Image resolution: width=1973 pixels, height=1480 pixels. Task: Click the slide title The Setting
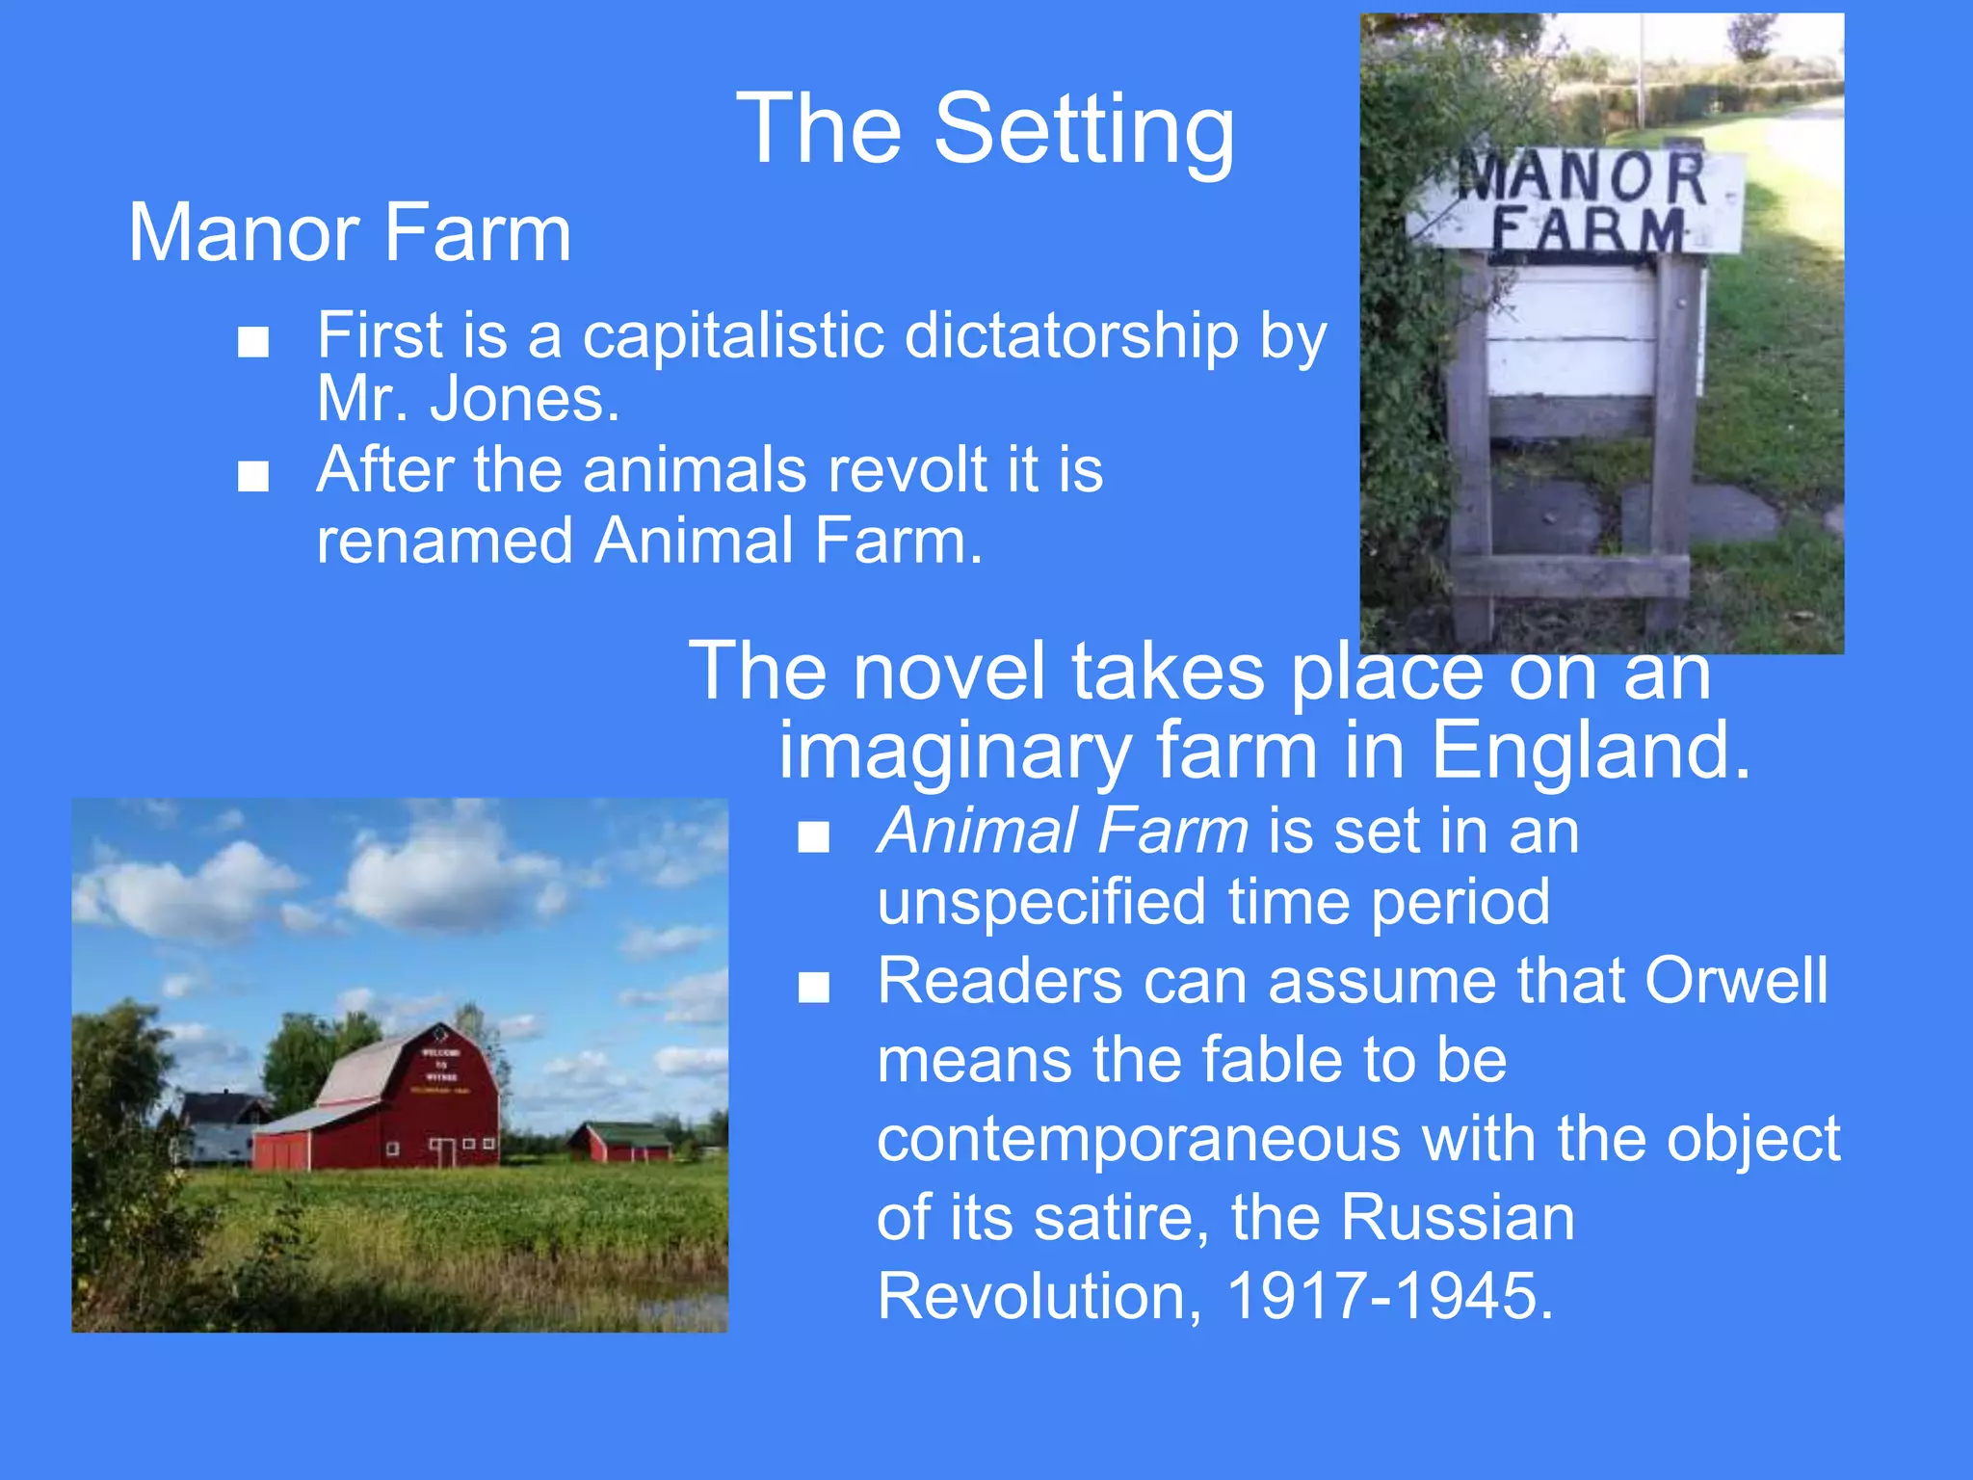click(985, 129)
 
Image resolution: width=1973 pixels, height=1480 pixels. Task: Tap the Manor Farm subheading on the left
click(350, 233)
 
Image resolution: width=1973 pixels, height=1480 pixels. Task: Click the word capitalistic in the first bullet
click(733, 335)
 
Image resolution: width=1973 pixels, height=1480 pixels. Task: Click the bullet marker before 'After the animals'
click(253, 476)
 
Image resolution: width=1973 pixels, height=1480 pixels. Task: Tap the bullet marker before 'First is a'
click(253, 342)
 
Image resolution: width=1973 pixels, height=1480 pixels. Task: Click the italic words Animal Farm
click(1063, 831)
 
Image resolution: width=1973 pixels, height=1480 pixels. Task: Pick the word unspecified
click(1040, 902)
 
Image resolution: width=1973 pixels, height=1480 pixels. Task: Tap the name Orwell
click(1735, 981)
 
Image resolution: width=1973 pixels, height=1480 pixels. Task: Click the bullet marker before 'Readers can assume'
click(814, 988)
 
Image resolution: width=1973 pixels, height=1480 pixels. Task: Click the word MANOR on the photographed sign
click(1581, 177)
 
